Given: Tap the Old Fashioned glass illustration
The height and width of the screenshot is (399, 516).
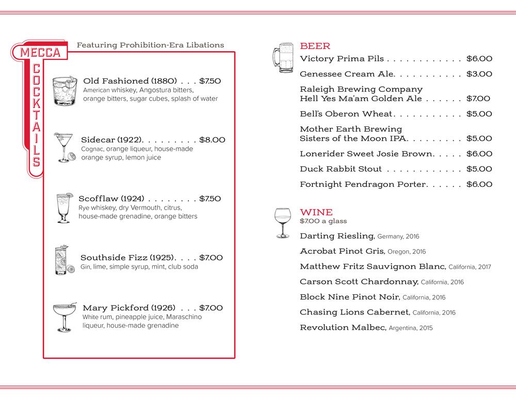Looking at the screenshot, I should (65, 91).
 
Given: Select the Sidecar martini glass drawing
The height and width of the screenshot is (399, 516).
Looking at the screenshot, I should (66, 147).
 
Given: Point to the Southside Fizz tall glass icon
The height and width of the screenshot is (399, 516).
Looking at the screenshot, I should (62, 260).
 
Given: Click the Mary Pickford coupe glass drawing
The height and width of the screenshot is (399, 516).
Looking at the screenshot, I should (64, 315).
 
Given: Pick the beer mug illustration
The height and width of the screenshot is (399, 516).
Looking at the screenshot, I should (282, 56).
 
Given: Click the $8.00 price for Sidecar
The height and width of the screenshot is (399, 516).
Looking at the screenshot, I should (212, 140).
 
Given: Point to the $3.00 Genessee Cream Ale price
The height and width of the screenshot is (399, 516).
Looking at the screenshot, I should (479, 74).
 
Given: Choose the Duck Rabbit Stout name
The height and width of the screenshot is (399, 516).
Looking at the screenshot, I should (341, 169).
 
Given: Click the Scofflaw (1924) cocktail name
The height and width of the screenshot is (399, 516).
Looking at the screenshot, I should (111, 199).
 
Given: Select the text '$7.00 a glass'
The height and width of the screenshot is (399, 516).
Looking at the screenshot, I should (323, 221).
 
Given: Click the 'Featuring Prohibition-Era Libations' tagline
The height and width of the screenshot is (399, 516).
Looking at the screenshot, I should (150, 45).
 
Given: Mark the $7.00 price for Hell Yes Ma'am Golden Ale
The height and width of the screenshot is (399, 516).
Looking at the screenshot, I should (478, 99).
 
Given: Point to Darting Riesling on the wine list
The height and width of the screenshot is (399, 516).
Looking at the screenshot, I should (336, 236).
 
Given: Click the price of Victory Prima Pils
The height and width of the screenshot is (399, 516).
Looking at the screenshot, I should (479, 59).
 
